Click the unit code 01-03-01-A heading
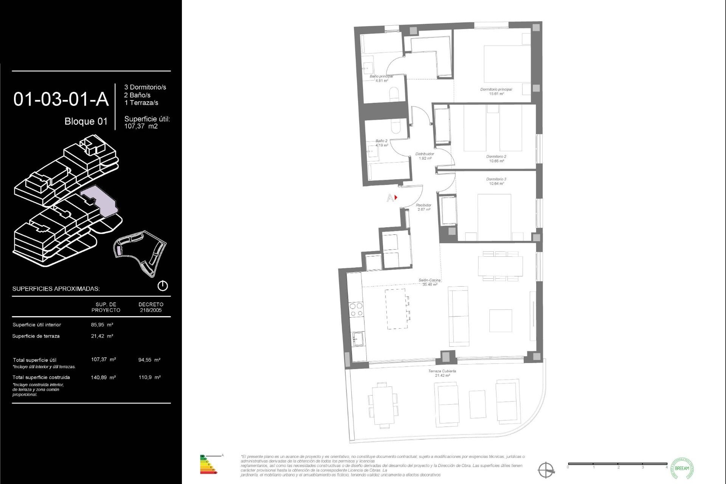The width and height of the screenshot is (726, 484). pyautogui.click(x=61, y=99)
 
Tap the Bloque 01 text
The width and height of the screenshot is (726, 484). pyautogui.click(x=86, y=121)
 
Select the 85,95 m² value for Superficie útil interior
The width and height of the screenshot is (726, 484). pyautogui.click(x=102, y=325)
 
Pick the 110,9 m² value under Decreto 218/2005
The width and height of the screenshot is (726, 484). pyautogui.click(x=149, y=377)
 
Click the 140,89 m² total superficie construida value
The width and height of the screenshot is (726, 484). pyautogui.click(x=103, y=377)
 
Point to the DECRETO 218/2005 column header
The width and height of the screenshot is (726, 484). pyautogui.click(x=151, y=307)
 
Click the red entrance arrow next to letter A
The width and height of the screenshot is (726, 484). pyautogui.click(x=396, y=197)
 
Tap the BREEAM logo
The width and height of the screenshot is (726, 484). pyautogui.click(x=682, y=468)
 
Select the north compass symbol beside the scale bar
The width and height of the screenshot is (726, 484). pyautogui.click(x=546, y=470)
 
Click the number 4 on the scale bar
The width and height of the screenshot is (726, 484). pyautogui.click(x=666, y=468)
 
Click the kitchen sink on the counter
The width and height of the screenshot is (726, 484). pyautogui.click(x=358, y=339)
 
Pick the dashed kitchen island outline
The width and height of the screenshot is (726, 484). pyautogui.click(x=396, y=309)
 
